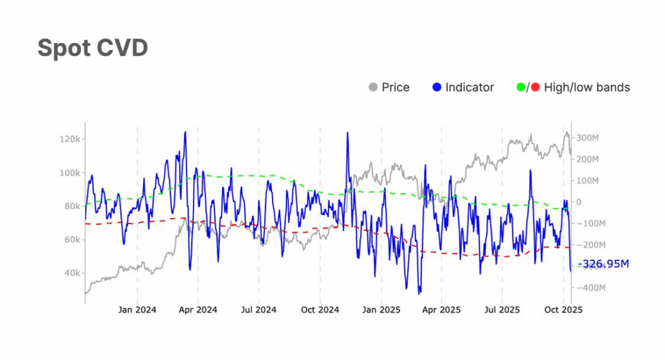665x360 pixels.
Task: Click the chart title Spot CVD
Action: pos(92,48)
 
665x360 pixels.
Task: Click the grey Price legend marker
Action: pos(373,87)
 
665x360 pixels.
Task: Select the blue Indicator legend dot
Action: pos(436,87)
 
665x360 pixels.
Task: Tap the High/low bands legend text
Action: pos(586,87)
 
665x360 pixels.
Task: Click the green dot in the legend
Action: pos(521,87)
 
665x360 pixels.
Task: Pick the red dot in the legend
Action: pos(535,87)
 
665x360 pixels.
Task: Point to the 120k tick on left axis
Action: pos(69,140)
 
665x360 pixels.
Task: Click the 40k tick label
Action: pos(70,273)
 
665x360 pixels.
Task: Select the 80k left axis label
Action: pos(70,207)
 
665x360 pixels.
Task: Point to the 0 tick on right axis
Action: pos(578,202)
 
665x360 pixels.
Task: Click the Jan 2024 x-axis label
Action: pos(137,310)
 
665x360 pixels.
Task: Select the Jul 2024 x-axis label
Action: pos(258,310)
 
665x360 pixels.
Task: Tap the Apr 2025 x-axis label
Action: pos(442,310)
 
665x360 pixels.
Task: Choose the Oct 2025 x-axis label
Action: pos(563,310)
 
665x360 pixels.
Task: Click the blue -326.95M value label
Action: pos(605,264)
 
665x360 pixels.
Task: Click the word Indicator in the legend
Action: pos(470,87)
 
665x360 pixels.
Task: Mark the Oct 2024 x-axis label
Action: pos(320,310)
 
